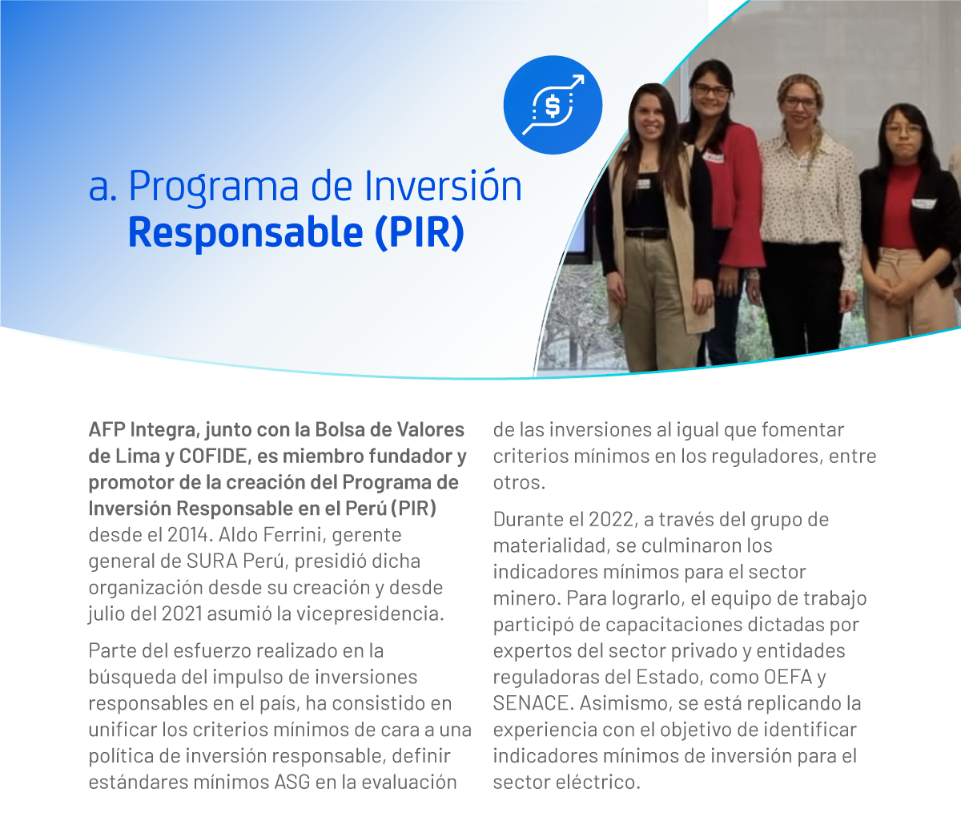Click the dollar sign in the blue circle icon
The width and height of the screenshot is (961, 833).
553,106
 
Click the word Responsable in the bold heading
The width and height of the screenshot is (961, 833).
246,232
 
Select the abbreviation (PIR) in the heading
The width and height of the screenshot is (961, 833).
420,232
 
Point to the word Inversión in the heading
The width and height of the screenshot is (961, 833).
443,186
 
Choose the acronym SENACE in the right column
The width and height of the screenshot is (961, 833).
531,703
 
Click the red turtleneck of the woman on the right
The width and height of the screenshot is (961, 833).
900,204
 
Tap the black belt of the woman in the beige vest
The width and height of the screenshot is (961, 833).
646,233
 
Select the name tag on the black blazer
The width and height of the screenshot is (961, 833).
923,203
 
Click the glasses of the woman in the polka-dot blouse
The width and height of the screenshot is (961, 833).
800,103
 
